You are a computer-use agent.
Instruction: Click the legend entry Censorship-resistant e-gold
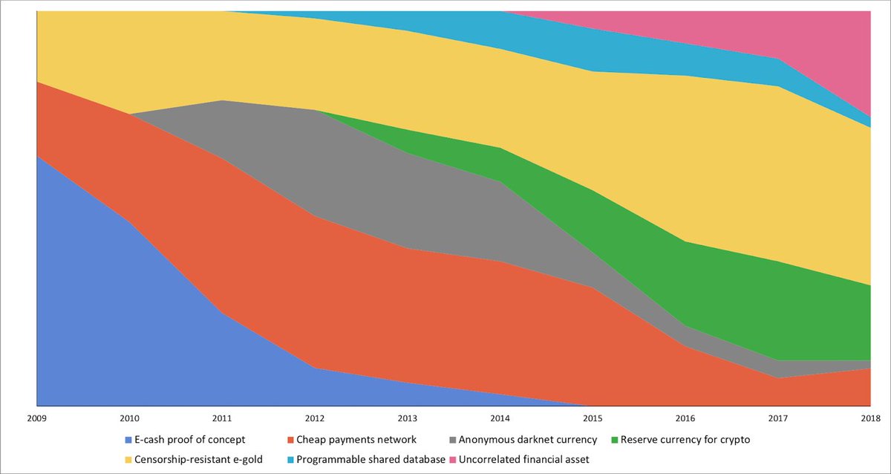pyautogui.click(x=198, y=460)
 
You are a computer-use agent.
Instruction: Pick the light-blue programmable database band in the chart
pyautogui.click(x=594, y=48)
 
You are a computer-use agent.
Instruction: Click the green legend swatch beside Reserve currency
pyautogui.click(x=613, y=439)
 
